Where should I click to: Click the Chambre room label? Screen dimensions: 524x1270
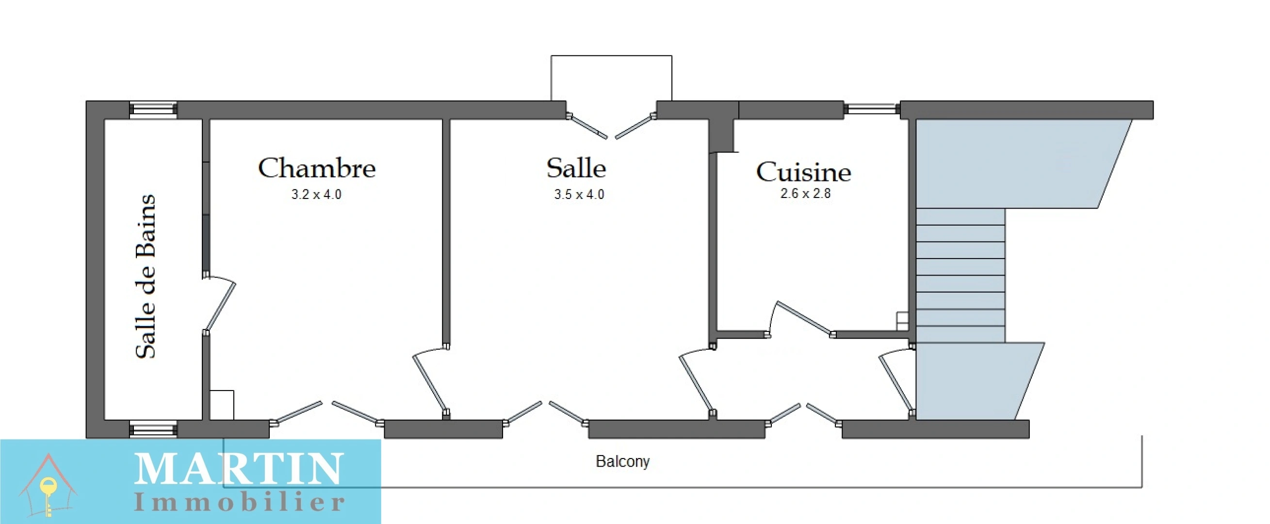[x=316, y=168]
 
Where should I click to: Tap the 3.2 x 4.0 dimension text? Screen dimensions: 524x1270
[x=316, y=195]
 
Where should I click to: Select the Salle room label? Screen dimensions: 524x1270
[x=576, y=168]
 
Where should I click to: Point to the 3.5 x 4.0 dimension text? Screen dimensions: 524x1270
[x=579, y=195]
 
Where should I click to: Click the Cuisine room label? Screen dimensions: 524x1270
[x=803, y=172]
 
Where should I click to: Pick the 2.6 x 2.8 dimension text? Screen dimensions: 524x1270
[x=805, y=194]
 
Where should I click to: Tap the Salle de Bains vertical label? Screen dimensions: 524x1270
[x=146, y=276]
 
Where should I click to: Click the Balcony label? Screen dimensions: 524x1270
[x=622, y=461]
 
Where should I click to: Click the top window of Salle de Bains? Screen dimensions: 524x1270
[x=153, y=110]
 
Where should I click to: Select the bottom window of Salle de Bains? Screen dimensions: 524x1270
[x=153, y=429]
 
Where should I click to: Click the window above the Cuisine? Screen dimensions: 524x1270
[x=872, y=109]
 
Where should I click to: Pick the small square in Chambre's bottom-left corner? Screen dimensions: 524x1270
[x=222, y=405]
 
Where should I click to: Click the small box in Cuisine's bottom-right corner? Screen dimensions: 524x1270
[x=902, y=320]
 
